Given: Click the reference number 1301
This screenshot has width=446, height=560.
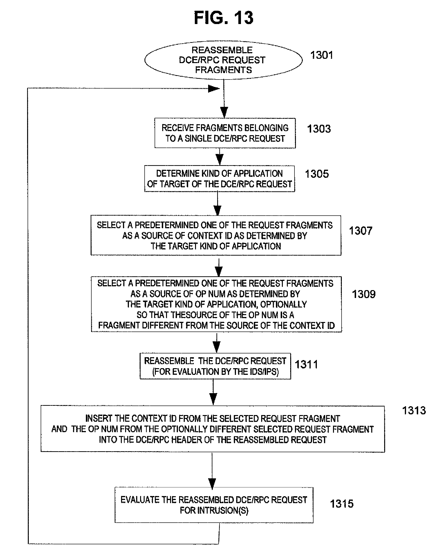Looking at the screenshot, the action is coord(321,55).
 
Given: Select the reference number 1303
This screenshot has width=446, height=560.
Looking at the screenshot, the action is coord(319,129).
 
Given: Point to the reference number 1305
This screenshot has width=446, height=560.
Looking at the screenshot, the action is coord(317,174).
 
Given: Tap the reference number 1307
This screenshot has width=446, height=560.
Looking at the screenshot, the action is coord(361,231).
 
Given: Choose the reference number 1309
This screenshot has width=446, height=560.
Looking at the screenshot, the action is coord(363,294).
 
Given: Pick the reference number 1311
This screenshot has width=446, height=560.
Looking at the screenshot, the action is coord(306,364).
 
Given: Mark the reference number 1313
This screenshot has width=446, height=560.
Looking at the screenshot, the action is coord(414,410).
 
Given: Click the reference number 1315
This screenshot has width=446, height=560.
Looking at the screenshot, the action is coord(342,504).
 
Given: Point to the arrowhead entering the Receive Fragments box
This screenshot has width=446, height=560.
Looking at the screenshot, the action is coord(224,113).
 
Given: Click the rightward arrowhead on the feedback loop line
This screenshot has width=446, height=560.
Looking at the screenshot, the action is coord(214,89).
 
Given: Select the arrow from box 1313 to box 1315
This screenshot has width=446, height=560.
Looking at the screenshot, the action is coord(212,470).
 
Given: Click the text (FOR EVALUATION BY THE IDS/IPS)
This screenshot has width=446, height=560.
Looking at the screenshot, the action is coord(216,372).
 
